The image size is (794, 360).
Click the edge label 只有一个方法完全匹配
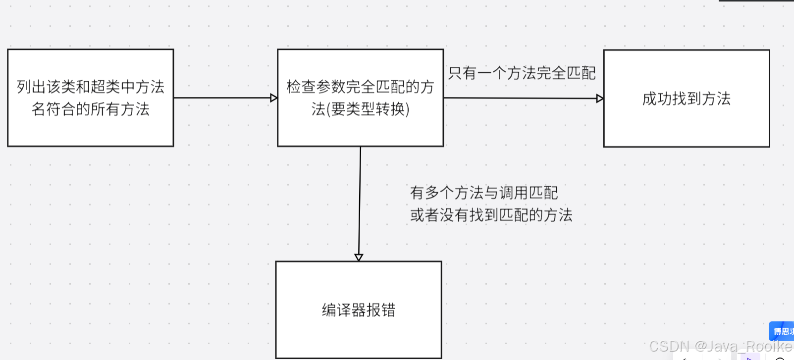click(522, 73)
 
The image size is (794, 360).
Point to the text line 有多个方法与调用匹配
click(484, 192)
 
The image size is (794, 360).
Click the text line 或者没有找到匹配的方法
click(491, 215)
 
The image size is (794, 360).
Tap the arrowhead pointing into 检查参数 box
click(273, 98)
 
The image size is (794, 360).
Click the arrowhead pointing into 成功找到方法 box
click(599, 99)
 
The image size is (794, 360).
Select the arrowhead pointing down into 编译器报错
click(359, 257)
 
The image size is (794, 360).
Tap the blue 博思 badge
click(782, 331)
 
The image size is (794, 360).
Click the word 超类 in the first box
click(106, 87)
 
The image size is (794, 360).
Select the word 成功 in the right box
click(657, 99)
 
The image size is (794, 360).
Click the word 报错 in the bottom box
click(381, 310)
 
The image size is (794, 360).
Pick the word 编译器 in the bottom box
click(344, 310)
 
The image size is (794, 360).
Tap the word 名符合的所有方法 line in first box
click(90, 109)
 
